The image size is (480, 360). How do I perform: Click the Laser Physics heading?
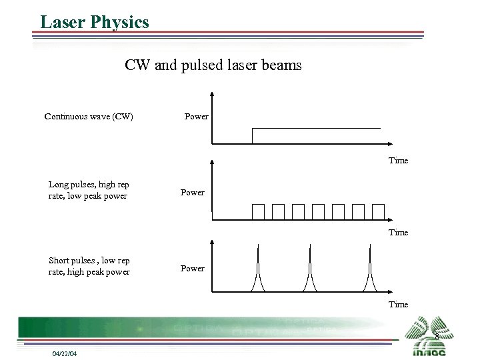[95, 22]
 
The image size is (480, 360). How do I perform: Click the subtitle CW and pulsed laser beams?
[213, 65]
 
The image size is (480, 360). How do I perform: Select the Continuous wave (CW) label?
[89, 117]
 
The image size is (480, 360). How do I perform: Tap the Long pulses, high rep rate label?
[89, 190]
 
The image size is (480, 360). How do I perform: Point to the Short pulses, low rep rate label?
[89, 266]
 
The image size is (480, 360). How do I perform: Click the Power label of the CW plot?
[196, 117]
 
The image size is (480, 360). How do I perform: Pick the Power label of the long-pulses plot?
[192, 193]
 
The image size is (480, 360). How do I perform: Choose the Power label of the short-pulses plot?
[192, 269]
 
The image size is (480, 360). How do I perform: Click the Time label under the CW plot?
[398, 161]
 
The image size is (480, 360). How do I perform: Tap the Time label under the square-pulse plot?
[398, 233]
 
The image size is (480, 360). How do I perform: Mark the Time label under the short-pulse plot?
[398, 305]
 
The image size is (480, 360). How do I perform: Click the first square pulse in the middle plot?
[258, 211]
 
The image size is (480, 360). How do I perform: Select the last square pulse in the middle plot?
[379, 211]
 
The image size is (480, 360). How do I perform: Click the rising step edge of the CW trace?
[253, 135]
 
